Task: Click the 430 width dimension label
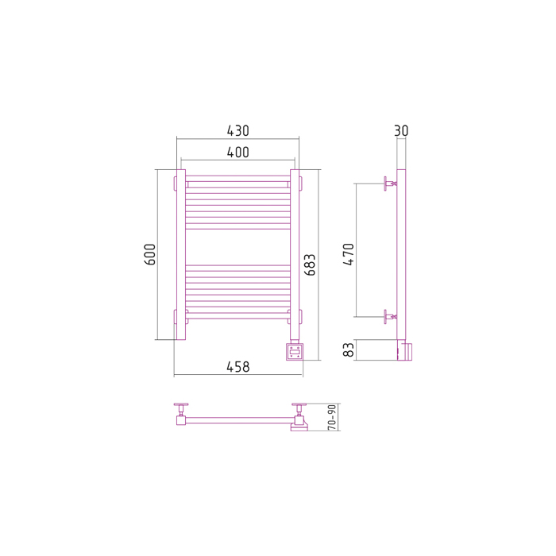238,131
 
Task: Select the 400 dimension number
238,153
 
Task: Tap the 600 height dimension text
150,254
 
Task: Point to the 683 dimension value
310,264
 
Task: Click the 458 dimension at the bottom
238,367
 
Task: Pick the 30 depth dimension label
401,131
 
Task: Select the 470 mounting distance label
349,254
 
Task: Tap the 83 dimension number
349,349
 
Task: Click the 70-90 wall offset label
332,417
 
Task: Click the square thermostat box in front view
295,352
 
